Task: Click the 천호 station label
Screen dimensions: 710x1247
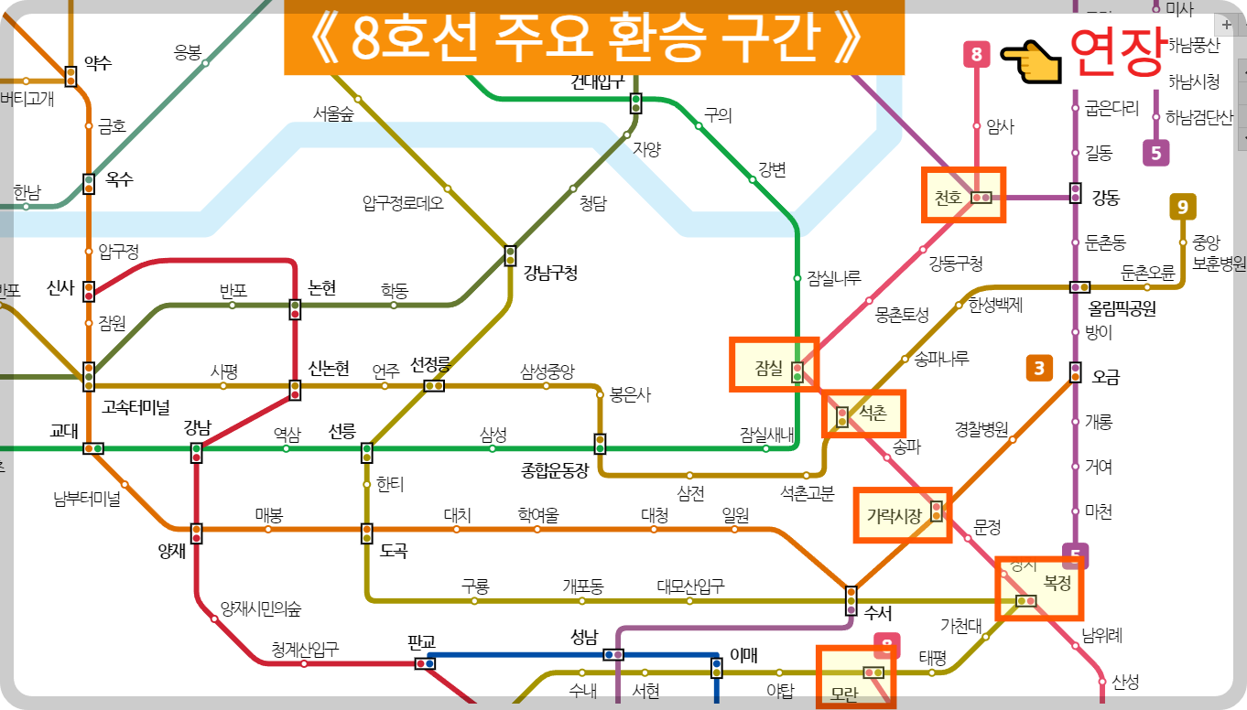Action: coord(948,198)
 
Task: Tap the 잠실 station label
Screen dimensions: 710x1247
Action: coord(768,368)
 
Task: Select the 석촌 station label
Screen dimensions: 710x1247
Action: coord(873,413)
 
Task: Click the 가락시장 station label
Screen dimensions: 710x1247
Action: coord(894,516)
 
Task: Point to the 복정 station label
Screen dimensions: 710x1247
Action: coord(1057,583)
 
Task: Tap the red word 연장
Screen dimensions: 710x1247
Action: coord(1116,51)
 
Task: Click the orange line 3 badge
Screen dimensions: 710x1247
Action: coord(1039,369)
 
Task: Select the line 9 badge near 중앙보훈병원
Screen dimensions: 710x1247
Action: coord(1182,208)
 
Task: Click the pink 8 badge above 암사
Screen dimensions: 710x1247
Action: coord(976,55)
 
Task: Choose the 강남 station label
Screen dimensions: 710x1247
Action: coord(197,427)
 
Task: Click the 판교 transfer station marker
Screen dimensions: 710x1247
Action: coord(425,663)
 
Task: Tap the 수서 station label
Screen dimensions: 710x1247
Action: coord(878,613)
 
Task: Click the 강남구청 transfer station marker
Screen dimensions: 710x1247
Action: coord(510,255)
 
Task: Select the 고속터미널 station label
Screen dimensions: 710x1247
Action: coord(136,405)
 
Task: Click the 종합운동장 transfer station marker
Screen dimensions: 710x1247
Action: coord(600,444)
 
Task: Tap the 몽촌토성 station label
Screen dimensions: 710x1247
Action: coord(902,316)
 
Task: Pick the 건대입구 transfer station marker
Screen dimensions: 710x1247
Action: coord(635,103)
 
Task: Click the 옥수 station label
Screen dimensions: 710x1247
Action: coord(119,179)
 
